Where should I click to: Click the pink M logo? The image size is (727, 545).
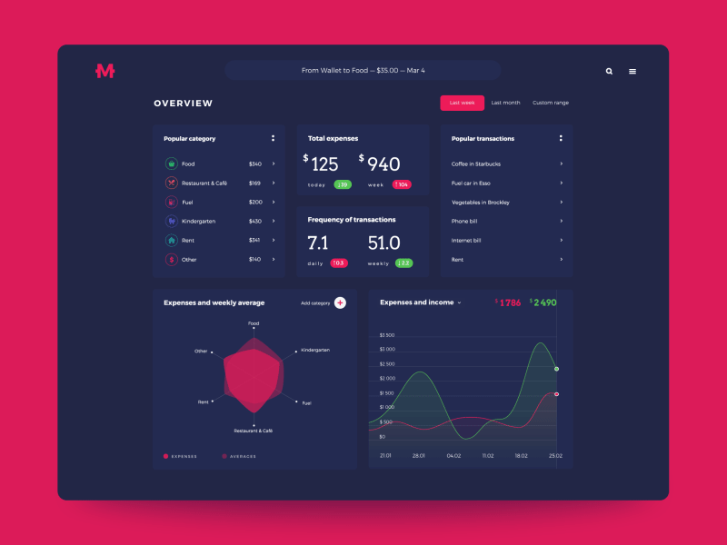(105, 71)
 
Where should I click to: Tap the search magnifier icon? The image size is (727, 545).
(609, 71)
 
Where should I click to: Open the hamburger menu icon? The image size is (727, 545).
(632, 71)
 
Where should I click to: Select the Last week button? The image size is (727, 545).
(462, 103)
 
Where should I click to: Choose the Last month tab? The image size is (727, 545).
(505, 103)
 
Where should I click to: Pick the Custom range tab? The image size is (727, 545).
(551, 103)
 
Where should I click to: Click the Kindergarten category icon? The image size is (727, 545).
(171, 221)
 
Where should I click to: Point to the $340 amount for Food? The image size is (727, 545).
(254, 163)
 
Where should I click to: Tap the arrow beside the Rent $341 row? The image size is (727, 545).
(274, 240)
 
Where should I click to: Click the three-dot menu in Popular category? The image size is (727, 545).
(273, 138)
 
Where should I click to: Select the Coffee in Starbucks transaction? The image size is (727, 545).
(476, 163)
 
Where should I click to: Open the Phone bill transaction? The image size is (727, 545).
(464, 221)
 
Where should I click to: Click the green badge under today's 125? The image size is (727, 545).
(343, 184)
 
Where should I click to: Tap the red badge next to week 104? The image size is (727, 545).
(402, 184)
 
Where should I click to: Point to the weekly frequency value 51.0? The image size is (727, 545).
(383, 243)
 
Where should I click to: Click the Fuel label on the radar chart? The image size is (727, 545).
(306, 402)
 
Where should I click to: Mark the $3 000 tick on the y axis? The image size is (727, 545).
(387, 349)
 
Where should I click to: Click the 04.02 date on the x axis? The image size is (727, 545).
(453, 455)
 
